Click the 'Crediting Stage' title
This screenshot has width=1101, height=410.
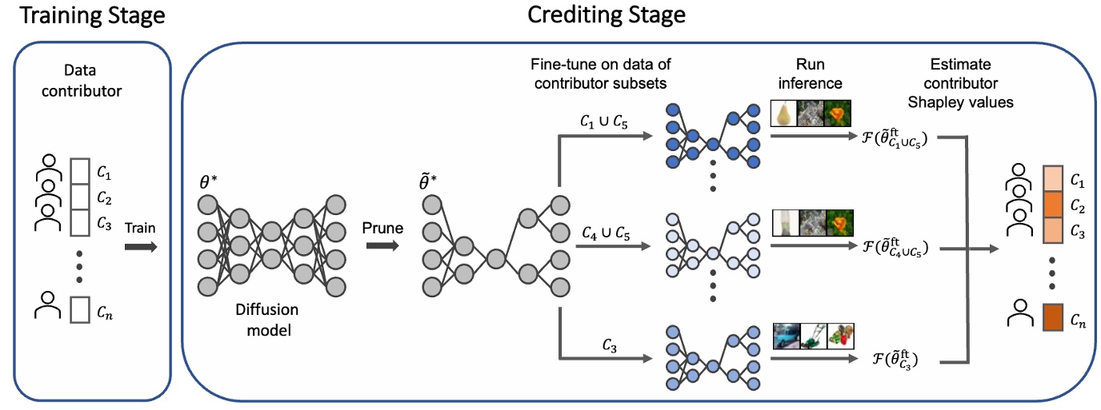pos(606,16)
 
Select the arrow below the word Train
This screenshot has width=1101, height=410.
pos(141,246)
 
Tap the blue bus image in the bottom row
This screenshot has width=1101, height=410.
pos(787,335)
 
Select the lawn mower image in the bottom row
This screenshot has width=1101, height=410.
pos(814,335)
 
